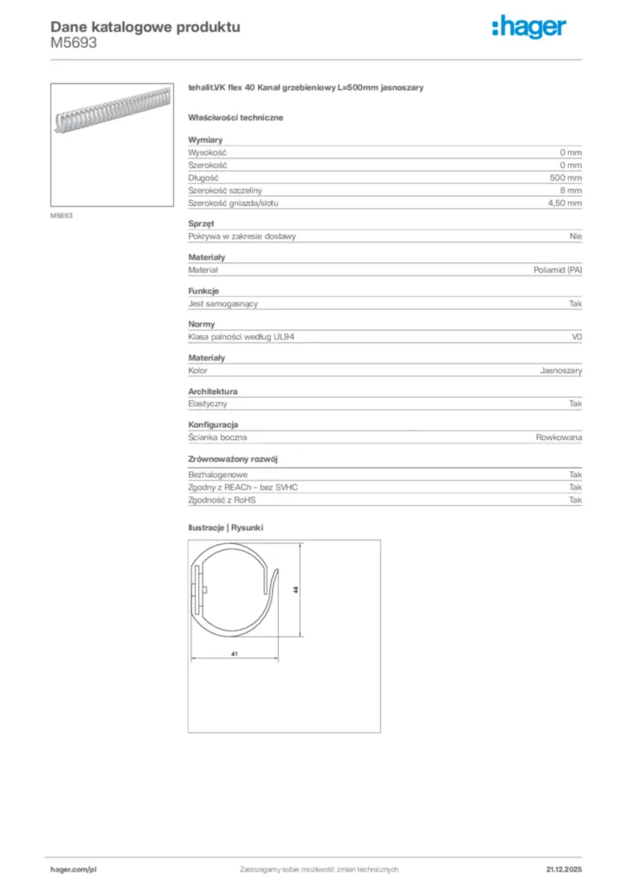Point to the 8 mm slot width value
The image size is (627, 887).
tap(571, 190)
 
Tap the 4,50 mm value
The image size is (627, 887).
tap(566, 203)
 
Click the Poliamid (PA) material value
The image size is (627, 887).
tap(558, 270)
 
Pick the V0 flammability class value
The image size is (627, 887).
tap(577, 337)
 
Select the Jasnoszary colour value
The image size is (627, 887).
tap(561, 371)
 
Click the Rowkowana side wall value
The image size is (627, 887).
tap(559, 438)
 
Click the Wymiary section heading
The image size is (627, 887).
tap(206, 139)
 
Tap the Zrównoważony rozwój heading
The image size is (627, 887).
tap(233, 459)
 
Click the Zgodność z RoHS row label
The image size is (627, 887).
tap(223, 500)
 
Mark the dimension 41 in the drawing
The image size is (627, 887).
tap(235, 655)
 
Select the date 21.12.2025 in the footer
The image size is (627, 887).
tap(564, 869)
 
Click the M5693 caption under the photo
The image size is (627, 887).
tap(61, 216)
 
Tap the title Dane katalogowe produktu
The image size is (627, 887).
tap(145, 27)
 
